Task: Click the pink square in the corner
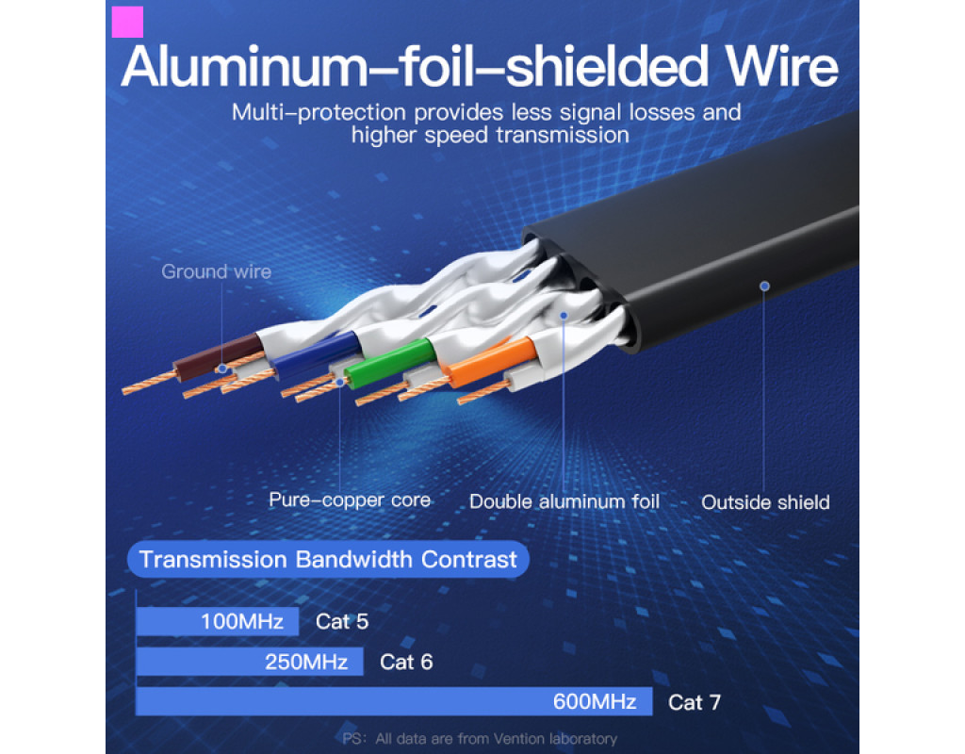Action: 127,22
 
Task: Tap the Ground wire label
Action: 216,272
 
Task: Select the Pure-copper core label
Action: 350,500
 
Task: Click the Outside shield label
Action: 765,502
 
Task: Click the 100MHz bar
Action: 218,622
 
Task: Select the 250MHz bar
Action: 250,662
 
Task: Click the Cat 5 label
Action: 342,622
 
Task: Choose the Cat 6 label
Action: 406,662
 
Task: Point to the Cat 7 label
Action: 695,702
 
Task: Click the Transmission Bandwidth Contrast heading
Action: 328,560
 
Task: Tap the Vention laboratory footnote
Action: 481,739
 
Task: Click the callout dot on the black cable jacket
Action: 764,286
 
